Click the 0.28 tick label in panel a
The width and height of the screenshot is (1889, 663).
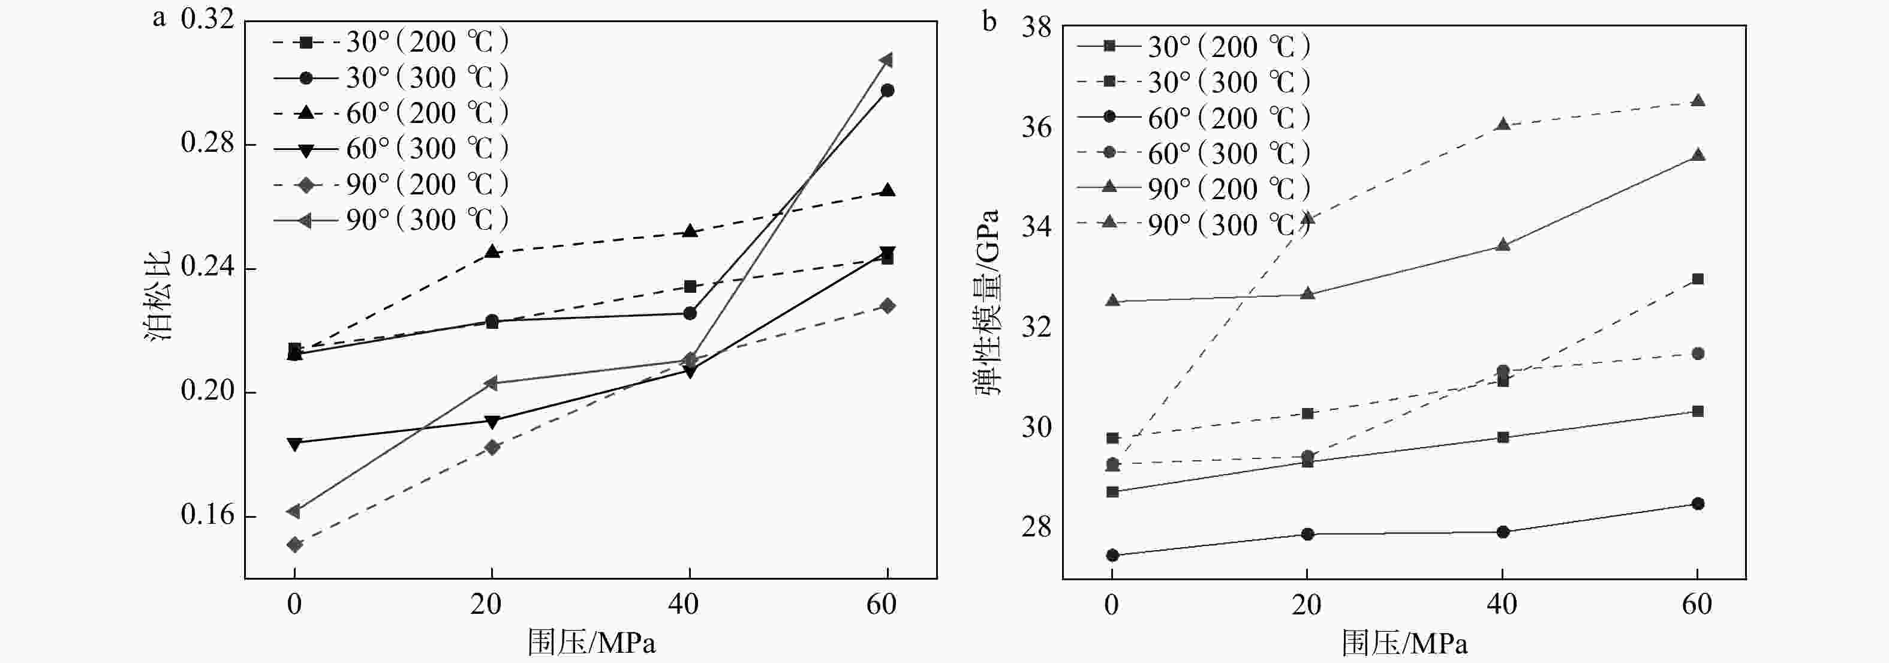tap(207, 143)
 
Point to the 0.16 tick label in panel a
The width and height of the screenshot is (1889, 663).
tap(207, 515)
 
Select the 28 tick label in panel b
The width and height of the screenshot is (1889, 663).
tap(1036, 527)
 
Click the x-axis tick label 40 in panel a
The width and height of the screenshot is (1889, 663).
tap(684, 604)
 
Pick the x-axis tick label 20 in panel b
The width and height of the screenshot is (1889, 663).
tap(1306, 604)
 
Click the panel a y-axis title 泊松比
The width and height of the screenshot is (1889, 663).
tap(158, 296)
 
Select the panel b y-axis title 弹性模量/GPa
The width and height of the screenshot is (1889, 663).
tap(988, 303)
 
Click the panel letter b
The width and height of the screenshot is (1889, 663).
tap(989, 22)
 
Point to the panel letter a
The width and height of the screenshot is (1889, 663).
tap(159, 17)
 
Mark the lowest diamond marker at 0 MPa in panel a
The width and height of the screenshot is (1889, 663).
tap(295, 544)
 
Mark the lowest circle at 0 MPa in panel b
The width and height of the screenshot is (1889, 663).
tap(1112, 555)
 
